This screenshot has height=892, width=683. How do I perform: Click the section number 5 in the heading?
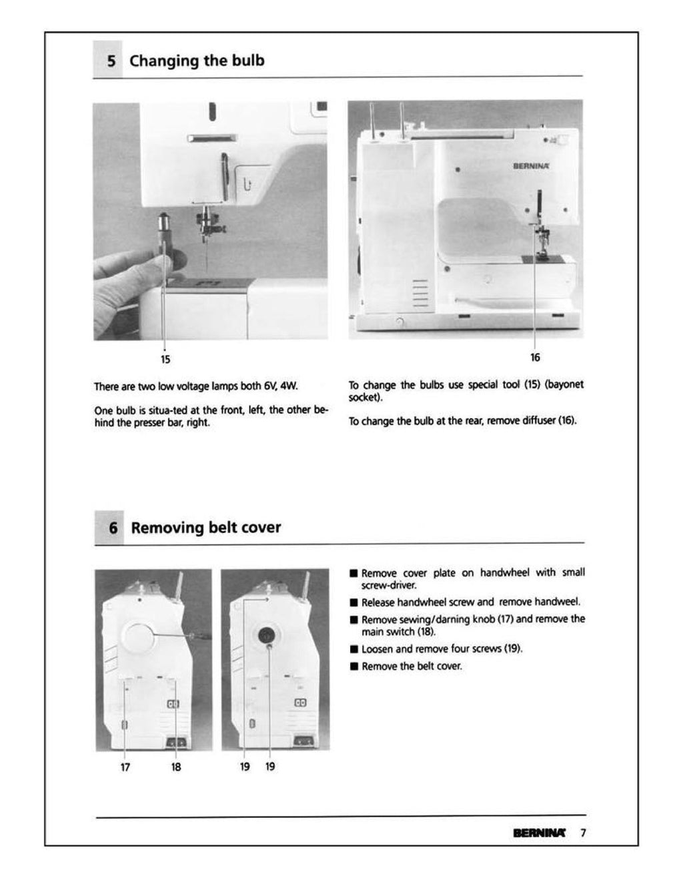(111, 61)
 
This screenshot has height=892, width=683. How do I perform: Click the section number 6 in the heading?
(113, 528)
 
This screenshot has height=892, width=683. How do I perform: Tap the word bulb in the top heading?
(248, 61)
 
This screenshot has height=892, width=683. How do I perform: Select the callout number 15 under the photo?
(165, 360)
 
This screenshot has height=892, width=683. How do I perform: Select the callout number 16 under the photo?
(535, 358)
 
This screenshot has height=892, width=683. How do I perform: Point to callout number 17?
(125, 767)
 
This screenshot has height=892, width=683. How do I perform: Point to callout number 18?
(176, 767)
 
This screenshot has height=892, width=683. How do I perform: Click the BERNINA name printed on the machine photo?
(531, 166)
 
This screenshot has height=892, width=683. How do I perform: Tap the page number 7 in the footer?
(583, 833)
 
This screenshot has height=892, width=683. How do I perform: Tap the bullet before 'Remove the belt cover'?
(354, 666)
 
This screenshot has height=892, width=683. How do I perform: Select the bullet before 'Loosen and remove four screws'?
(354, 649)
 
